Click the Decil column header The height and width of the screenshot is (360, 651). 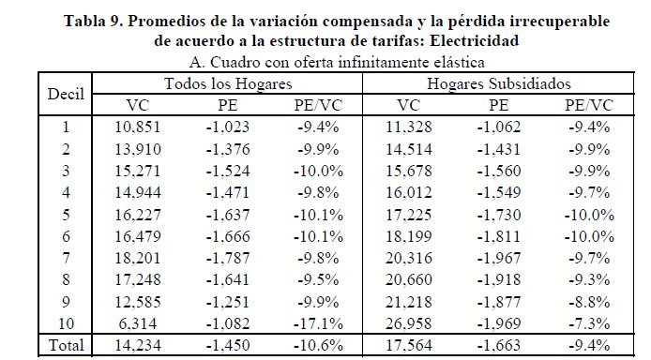(66, 94)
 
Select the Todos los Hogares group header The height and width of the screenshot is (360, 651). (228, 83)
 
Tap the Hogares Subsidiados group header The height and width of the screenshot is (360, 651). (499, 83)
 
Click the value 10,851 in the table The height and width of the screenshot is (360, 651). (138, 127)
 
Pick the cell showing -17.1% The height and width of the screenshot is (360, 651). (318, 323)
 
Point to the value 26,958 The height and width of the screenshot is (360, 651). (409, 323)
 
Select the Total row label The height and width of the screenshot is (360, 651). (66, 345)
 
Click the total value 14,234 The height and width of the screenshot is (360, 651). (138, 345)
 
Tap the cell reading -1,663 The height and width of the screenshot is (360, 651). (498, 345)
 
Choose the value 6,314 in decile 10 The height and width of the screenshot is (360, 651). (138, 323)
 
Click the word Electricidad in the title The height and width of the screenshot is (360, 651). (474, 40)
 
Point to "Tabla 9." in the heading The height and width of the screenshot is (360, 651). (93, 21)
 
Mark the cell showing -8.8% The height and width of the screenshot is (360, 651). (589, 302)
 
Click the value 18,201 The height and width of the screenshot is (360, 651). (138, 258)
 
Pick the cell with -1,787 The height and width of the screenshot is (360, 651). (228, 258)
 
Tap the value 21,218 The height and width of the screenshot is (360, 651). (409, 302)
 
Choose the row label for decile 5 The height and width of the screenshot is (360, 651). (66, 215)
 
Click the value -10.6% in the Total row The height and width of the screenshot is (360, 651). (318, 345)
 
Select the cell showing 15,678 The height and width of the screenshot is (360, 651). (409, 171)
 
